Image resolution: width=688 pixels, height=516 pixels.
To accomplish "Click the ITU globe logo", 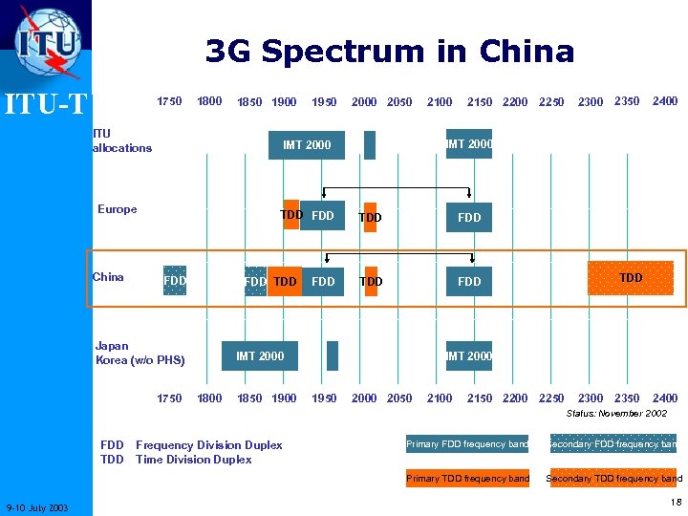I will click(x=47, y=42).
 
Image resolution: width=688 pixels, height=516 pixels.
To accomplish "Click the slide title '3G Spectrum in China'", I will click(x=390, y=51).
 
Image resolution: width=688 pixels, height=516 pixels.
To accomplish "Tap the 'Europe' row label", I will click(x=118, y=209).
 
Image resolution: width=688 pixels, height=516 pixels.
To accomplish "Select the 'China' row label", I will click(x=108, y=277).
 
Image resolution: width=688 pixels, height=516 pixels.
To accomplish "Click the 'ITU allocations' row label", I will click(x=121, y=140).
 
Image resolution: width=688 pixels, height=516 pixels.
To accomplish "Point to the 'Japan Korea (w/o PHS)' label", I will click(x=140, y=353).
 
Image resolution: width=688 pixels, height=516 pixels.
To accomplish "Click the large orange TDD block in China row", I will click(x=631, y=278).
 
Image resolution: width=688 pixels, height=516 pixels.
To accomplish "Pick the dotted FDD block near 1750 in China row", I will click(x=175, y=281).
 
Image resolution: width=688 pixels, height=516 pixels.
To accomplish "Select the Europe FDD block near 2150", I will click(x=469, y=217).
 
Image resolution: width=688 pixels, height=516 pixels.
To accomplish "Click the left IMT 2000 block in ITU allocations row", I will click(x=306, y=144).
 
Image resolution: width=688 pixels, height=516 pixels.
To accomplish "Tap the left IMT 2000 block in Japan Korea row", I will click(x=259, y=355).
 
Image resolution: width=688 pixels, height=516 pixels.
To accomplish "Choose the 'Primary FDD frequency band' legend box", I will click(x=467, y=443).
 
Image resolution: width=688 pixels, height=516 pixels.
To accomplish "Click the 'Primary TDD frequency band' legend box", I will click(x=467, y=478).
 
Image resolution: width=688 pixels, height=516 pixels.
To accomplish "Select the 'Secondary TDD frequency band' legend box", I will click(x=613, y=478).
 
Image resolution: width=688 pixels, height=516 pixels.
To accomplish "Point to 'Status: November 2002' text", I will click(x=616, y=413).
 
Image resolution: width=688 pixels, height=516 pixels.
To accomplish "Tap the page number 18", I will click(x=676, y=503).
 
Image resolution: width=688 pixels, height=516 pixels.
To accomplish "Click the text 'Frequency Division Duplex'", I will click(x=209, y=444).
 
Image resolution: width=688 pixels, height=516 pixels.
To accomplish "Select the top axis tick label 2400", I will click(x=664, y=101).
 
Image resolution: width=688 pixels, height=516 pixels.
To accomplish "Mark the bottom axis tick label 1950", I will click(x=324, y=398).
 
